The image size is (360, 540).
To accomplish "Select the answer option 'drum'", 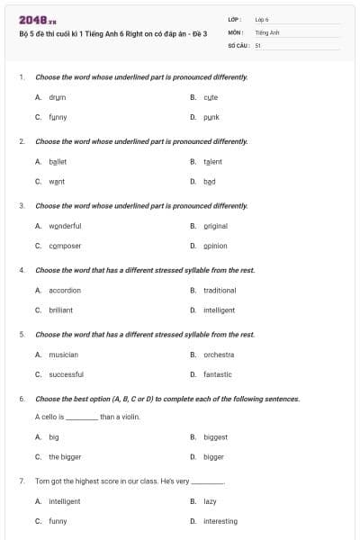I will [57, 96].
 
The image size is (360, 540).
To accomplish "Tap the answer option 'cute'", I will [211, 96].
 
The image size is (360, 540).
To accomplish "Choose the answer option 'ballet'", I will [58, 162].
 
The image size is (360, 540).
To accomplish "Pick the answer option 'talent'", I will [212, 162].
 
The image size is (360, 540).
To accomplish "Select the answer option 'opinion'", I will [215, 246].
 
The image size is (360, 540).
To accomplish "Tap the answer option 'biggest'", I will [215, 437].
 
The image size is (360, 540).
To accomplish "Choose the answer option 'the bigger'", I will [65, 457].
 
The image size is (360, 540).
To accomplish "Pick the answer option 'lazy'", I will [210, 501].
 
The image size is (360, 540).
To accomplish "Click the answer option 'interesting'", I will [220, 521].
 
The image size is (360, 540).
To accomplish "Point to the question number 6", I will [21, 399].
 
